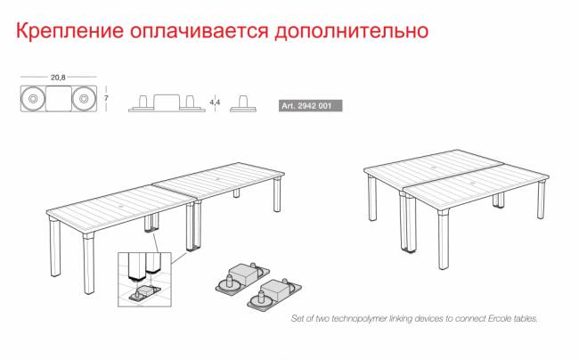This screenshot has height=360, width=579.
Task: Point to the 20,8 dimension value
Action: tap(59, 78)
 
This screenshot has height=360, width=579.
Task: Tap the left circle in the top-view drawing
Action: tap(33, 99)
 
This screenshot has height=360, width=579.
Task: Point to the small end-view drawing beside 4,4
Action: tap(239, 104)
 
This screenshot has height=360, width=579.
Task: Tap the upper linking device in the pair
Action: tap(238, 275)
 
